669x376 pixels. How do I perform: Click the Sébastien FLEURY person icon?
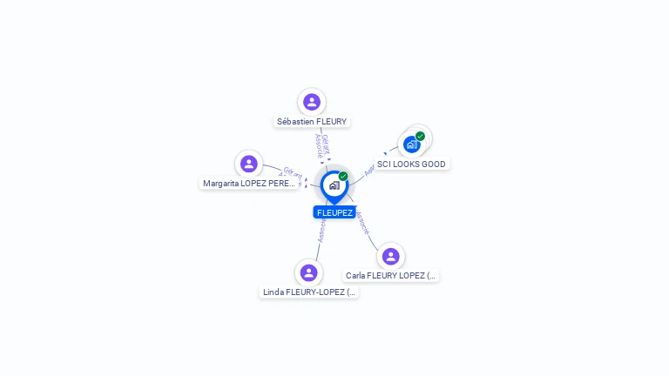coord(311,102)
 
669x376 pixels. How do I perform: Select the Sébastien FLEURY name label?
coord(311,122)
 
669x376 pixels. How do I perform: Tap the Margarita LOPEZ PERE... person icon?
coord(249,164)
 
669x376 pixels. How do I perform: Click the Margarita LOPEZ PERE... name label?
coord(249,184)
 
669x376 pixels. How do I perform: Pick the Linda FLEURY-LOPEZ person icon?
coord(308,272)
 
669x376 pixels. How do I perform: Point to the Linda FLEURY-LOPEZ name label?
coord(309,292)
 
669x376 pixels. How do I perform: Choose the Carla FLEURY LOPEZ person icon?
coord(390,256)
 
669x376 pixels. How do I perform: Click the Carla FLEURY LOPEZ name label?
coord(390,276)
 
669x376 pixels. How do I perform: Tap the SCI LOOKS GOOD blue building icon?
coord(411,144)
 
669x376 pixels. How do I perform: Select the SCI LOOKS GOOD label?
coord(411,164)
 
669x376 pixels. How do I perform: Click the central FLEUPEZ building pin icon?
coord(334,185)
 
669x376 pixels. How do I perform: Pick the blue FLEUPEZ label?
coord(334,212)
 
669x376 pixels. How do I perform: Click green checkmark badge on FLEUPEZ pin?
coord(343,176)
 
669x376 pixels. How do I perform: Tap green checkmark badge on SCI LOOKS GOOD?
coord(420,137)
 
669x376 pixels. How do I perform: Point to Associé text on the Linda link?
coord(321,231)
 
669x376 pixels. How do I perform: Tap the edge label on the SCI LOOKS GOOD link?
coord(369,170)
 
